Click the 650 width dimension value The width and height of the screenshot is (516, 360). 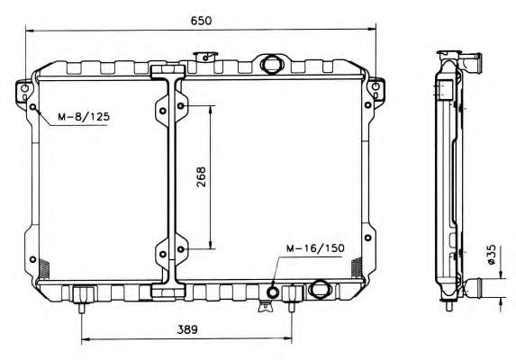[x=202, y=21]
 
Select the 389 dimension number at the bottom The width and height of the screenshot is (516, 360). [x=187, y=329]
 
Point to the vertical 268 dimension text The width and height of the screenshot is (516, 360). [x=201, y=177]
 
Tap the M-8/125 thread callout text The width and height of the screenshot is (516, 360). [x=84, y=117]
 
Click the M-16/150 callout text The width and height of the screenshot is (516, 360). [x=315, y=248]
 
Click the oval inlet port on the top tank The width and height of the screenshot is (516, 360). [x=271, y=64]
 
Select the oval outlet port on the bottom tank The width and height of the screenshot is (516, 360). [x=319, y=288]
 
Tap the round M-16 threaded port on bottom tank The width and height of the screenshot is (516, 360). [x=273, y=292]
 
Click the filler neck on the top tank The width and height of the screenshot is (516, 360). [x=206, y=57]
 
